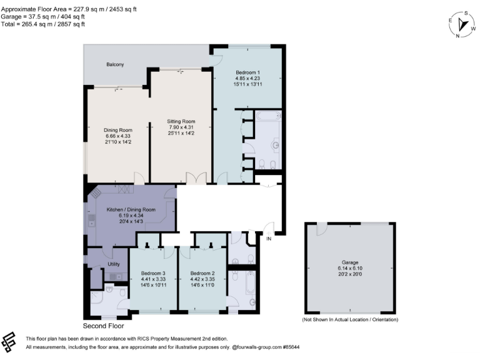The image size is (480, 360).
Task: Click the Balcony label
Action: pyautogui.click(x=115, y=64)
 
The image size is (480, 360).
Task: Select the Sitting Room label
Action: pyautogui.click(x=181, y=121)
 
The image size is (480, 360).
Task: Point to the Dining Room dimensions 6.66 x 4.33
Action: pyautogui.click(x=117, y=136)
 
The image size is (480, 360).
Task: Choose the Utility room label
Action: pyautogui.click(x=113, y=264)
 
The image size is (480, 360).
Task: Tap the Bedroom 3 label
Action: pyautogui.click(x=152, y=274)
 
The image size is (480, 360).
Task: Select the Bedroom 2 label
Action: pyautogui.click(x=202, y=274)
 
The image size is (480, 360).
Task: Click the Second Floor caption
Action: pyautogui.click(x=103, y=326)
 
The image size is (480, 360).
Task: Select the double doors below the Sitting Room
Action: pyautogui.click(x=200, y=179)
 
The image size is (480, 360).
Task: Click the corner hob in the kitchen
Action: pyautogui.click(x=94, y=194)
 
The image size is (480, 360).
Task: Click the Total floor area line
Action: pyautogui.click(x=44, y=24)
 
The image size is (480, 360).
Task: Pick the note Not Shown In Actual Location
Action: pyautogui.click(x=350, y=319)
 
